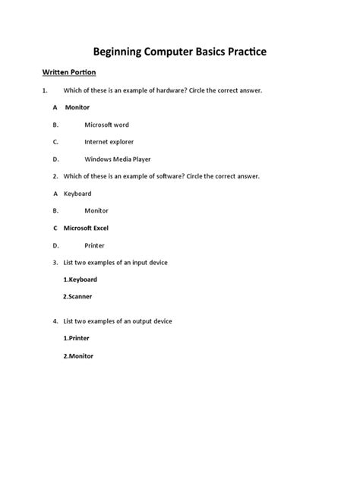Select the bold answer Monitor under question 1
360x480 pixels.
(x=77, y=107)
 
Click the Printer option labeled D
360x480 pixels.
(x=95, y=245)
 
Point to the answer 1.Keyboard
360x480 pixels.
(x=81, y=279)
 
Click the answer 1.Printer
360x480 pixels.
(x=77, y=338)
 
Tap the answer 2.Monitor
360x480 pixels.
(x=79, y=355)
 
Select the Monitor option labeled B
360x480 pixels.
(x=96, y=210)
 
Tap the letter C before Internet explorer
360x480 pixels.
(x=55, y=141)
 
